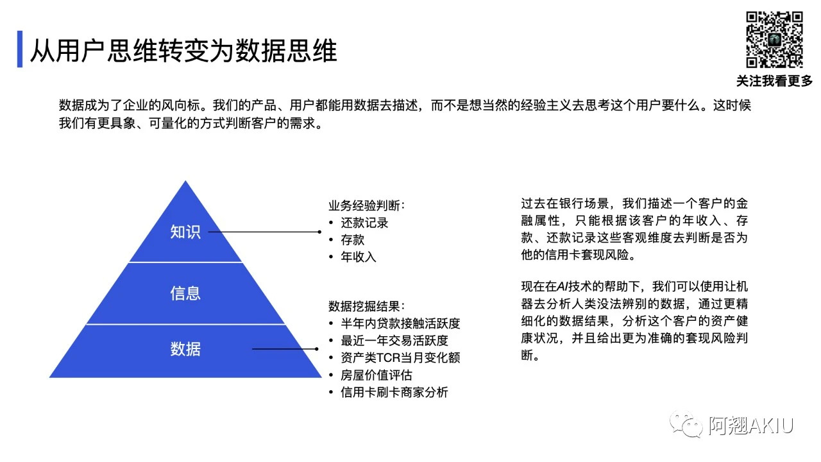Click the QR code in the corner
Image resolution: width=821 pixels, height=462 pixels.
pyautogui.click(x=774, y=40)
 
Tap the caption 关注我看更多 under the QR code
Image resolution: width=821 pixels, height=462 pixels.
pyautogui.click(x=774, y=81)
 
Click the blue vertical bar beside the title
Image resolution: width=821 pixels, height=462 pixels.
pyautogui.click(x=20, y=49)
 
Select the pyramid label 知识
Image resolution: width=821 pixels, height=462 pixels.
pyautogui.click(x=185, y=232)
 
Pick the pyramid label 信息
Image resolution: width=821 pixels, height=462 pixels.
pyautogui.click(x=185, y=293)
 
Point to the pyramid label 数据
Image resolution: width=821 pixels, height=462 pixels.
pyautogui.click(x=185, y=348)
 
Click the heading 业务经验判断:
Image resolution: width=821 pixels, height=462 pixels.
pyautogui.click(x=366, y=205)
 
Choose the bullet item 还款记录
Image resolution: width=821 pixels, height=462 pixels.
pyautogui.click(x=364, y=223)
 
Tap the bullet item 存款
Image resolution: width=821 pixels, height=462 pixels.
pyautogui.click(x=353, y=240)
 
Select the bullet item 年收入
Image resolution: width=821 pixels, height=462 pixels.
pyautogui.click(x=359, y=257)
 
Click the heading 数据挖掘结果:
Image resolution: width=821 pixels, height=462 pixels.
pyautogui.click(x=366, y=306)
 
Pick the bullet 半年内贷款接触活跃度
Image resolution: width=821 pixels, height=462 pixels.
pyautogui.click(x=400, y=323)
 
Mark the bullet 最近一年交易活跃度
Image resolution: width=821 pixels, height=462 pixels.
pyautogui.click(x=394, y=341)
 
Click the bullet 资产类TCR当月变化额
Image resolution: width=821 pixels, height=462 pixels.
pyautogui.click(x=400, y=357)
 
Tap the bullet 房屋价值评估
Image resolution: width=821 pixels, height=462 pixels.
pyautogui.click(x=377, y=375)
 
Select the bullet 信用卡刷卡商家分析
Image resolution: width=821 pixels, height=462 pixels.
pyautogui.click(x=394, y=392)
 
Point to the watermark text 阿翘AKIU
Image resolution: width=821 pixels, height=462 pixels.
pyautogui.click(x=751, y=425)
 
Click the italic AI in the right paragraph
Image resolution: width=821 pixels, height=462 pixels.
pyautogui.click(x=563, y=286)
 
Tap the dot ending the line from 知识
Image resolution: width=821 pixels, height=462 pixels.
pyautogui.click(x=319, y=232)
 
